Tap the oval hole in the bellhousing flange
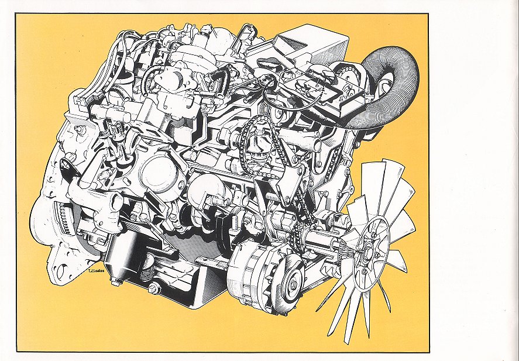pyautogui.click(x=61, y=271)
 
